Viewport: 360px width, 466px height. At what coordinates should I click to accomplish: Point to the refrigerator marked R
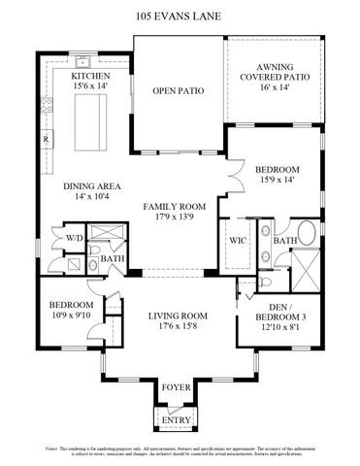[46, 139]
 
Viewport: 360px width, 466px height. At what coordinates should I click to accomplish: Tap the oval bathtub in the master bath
[307, 236]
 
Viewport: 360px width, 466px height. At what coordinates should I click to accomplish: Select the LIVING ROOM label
[178, 316]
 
